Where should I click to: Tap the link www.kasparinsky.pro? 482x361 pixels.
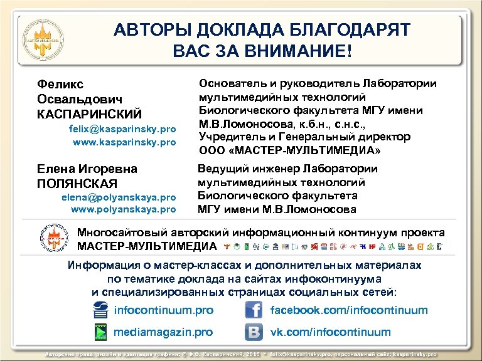[x=124, y=142]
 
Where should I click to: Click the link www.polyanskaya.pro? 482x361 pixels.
[x=124, y=209]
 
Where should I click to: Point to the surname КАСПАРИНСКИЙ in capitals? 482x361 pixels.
[x=89, y=114]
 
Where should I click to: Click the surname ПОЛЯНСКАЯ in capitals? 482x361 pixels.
[x=77, y=183]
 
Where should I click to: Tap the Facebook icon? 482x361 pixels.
[x=254, y=310]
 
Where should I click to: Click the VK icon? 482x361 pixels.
[x=254, y=332]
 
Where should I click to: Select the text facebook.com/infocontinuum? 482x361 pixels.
[x=349, y=310]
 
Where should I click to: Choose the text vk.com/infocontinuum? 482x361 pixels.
[x=330, y=332]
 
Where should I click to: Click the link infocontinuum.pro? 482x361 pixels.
[x=163, y=310]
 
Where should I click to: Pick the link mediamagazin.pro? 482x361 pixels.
[x=163, y=332]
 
